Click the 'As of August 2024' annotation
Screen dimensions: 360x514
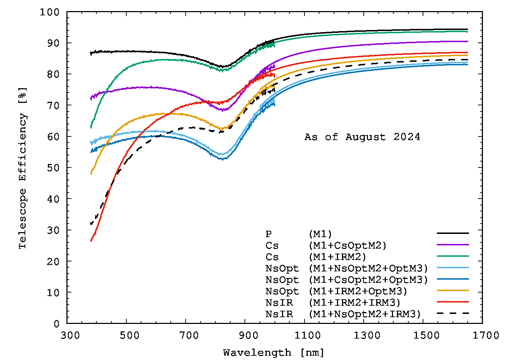pyautogui.click(x=362, y=137)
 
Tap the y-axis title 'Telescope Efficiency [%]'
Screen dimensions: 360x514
pyautogui.click(x=23, y=168)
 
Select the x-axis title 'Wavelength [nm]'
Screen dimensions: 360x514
pyautogui.click(x=273, y=353)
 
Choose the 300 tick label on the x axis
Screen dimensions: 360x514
pyautogui.click(x=67, y=335)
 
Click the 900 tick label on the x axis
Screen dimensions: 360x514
pyautogui.click(x=245, y=335)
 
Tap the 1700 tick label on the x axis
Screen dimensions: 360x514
pyautogui.click(x=482, y=335)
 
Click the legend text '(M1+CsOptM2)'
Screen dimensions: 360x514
pyautogui.click(x=348, y=246)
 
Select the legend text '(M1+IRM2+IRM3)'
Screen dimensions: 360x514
pyautogui.click(x=354, y=303)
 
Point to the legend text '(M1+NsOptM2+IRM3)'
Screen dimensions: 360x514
pyautogui.click(x=365, y=314)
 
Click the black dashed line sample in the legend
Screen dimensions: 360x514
pyautogui.click(x=453, y=313)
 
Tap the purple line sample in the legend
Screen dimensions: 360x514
pyautogui.click(x=453, y=245)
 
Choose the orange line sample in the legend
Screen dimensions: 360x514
pyautogui.click(x=453, y=290)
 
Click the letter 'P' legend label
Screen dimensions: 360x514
pyautogui.click(x=268, y=234)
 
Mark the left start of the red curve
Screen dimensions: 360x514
pyautogui.click(x=91, y=241)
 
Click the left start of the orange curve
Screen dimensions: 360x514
pyautogui.click(x=91, y=174)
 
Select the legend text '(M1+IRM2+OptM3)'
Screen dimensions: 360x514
pyautogui.click(x=358, y=291)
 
